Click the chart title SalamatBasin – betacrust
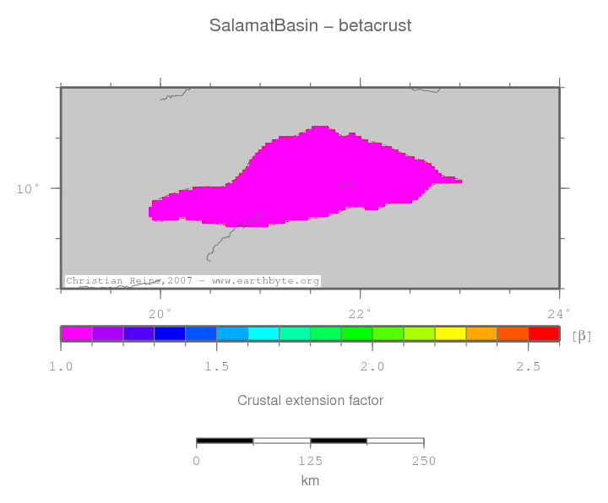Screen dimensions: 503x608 click(310, 26)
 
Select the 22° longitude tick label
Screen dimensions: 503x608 click(360, 315)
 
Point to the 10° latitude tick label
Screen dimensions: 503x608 click(28, 188)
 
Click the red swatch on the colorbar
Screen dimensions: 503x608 click(543, 333)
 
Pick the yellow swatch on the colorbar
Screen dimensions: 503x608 click(450, 333)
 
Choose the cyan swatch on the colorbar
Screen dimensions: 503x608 click(263, 333)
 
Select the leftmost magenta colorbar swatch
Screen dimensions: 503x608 click(77, 333)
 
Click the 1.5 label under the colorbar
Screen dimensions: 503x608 click(216, 366)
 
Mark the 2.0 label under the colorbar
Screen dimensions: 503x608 click(372, 366)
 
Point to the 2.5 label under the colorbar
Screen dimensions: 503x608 click(528, 366)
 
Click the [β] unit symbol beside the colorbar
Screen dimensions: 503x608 click(582, 336)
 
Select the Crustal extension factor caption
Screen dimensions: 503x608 click(310, 400)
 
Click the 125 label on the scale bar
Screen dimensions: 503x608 click(310, 461)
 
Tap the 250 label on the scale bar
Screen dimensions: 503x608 click(423, 461)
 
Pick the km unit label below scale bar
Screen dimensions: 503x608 click(310, 480)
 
